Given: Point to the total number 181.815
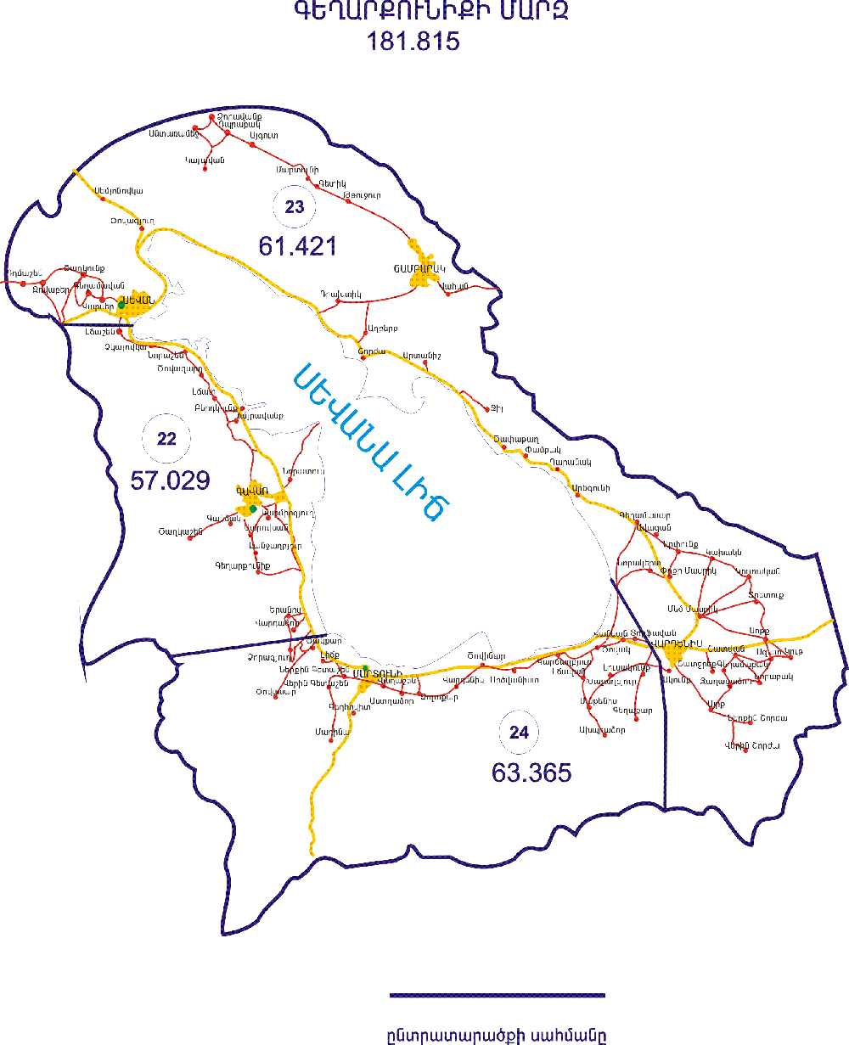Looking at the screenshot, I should pos(413,41).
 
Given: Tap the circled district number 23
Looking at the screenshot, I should pos(295,206).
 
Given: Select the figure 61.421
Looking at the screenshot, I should pos(298,246).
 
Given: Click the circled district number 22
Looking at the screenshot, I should pos(167,439).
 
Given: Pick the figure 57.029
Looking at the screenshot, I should pos(170,480).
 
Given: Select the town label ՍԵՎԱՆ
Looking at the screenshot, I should pos(138,298).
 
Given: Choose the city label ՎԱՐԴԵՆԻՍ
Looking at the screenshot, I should pos(677,643).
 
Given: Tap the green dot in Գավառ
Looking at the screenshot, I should pos(253,508).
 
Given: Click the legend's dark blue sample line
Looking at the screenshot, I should pos(497,995).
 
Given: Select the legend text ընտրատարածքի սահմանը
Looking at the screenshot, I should pos(497,1036).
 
